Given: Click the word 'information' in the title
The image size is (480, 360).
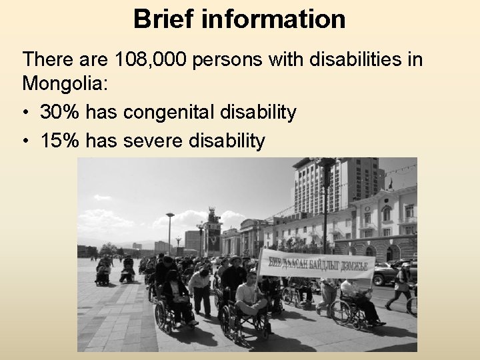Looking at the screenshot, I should (x=271, y=19).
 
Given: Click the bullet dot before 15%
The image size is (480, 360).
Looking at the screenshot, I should (x=27, y=141).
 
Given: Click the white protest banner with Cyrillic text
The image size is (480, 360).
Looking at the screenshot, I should (x=317, y=264).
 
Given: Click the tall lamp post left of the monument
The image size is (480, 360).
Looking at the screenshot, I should (x=170, y=233).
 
